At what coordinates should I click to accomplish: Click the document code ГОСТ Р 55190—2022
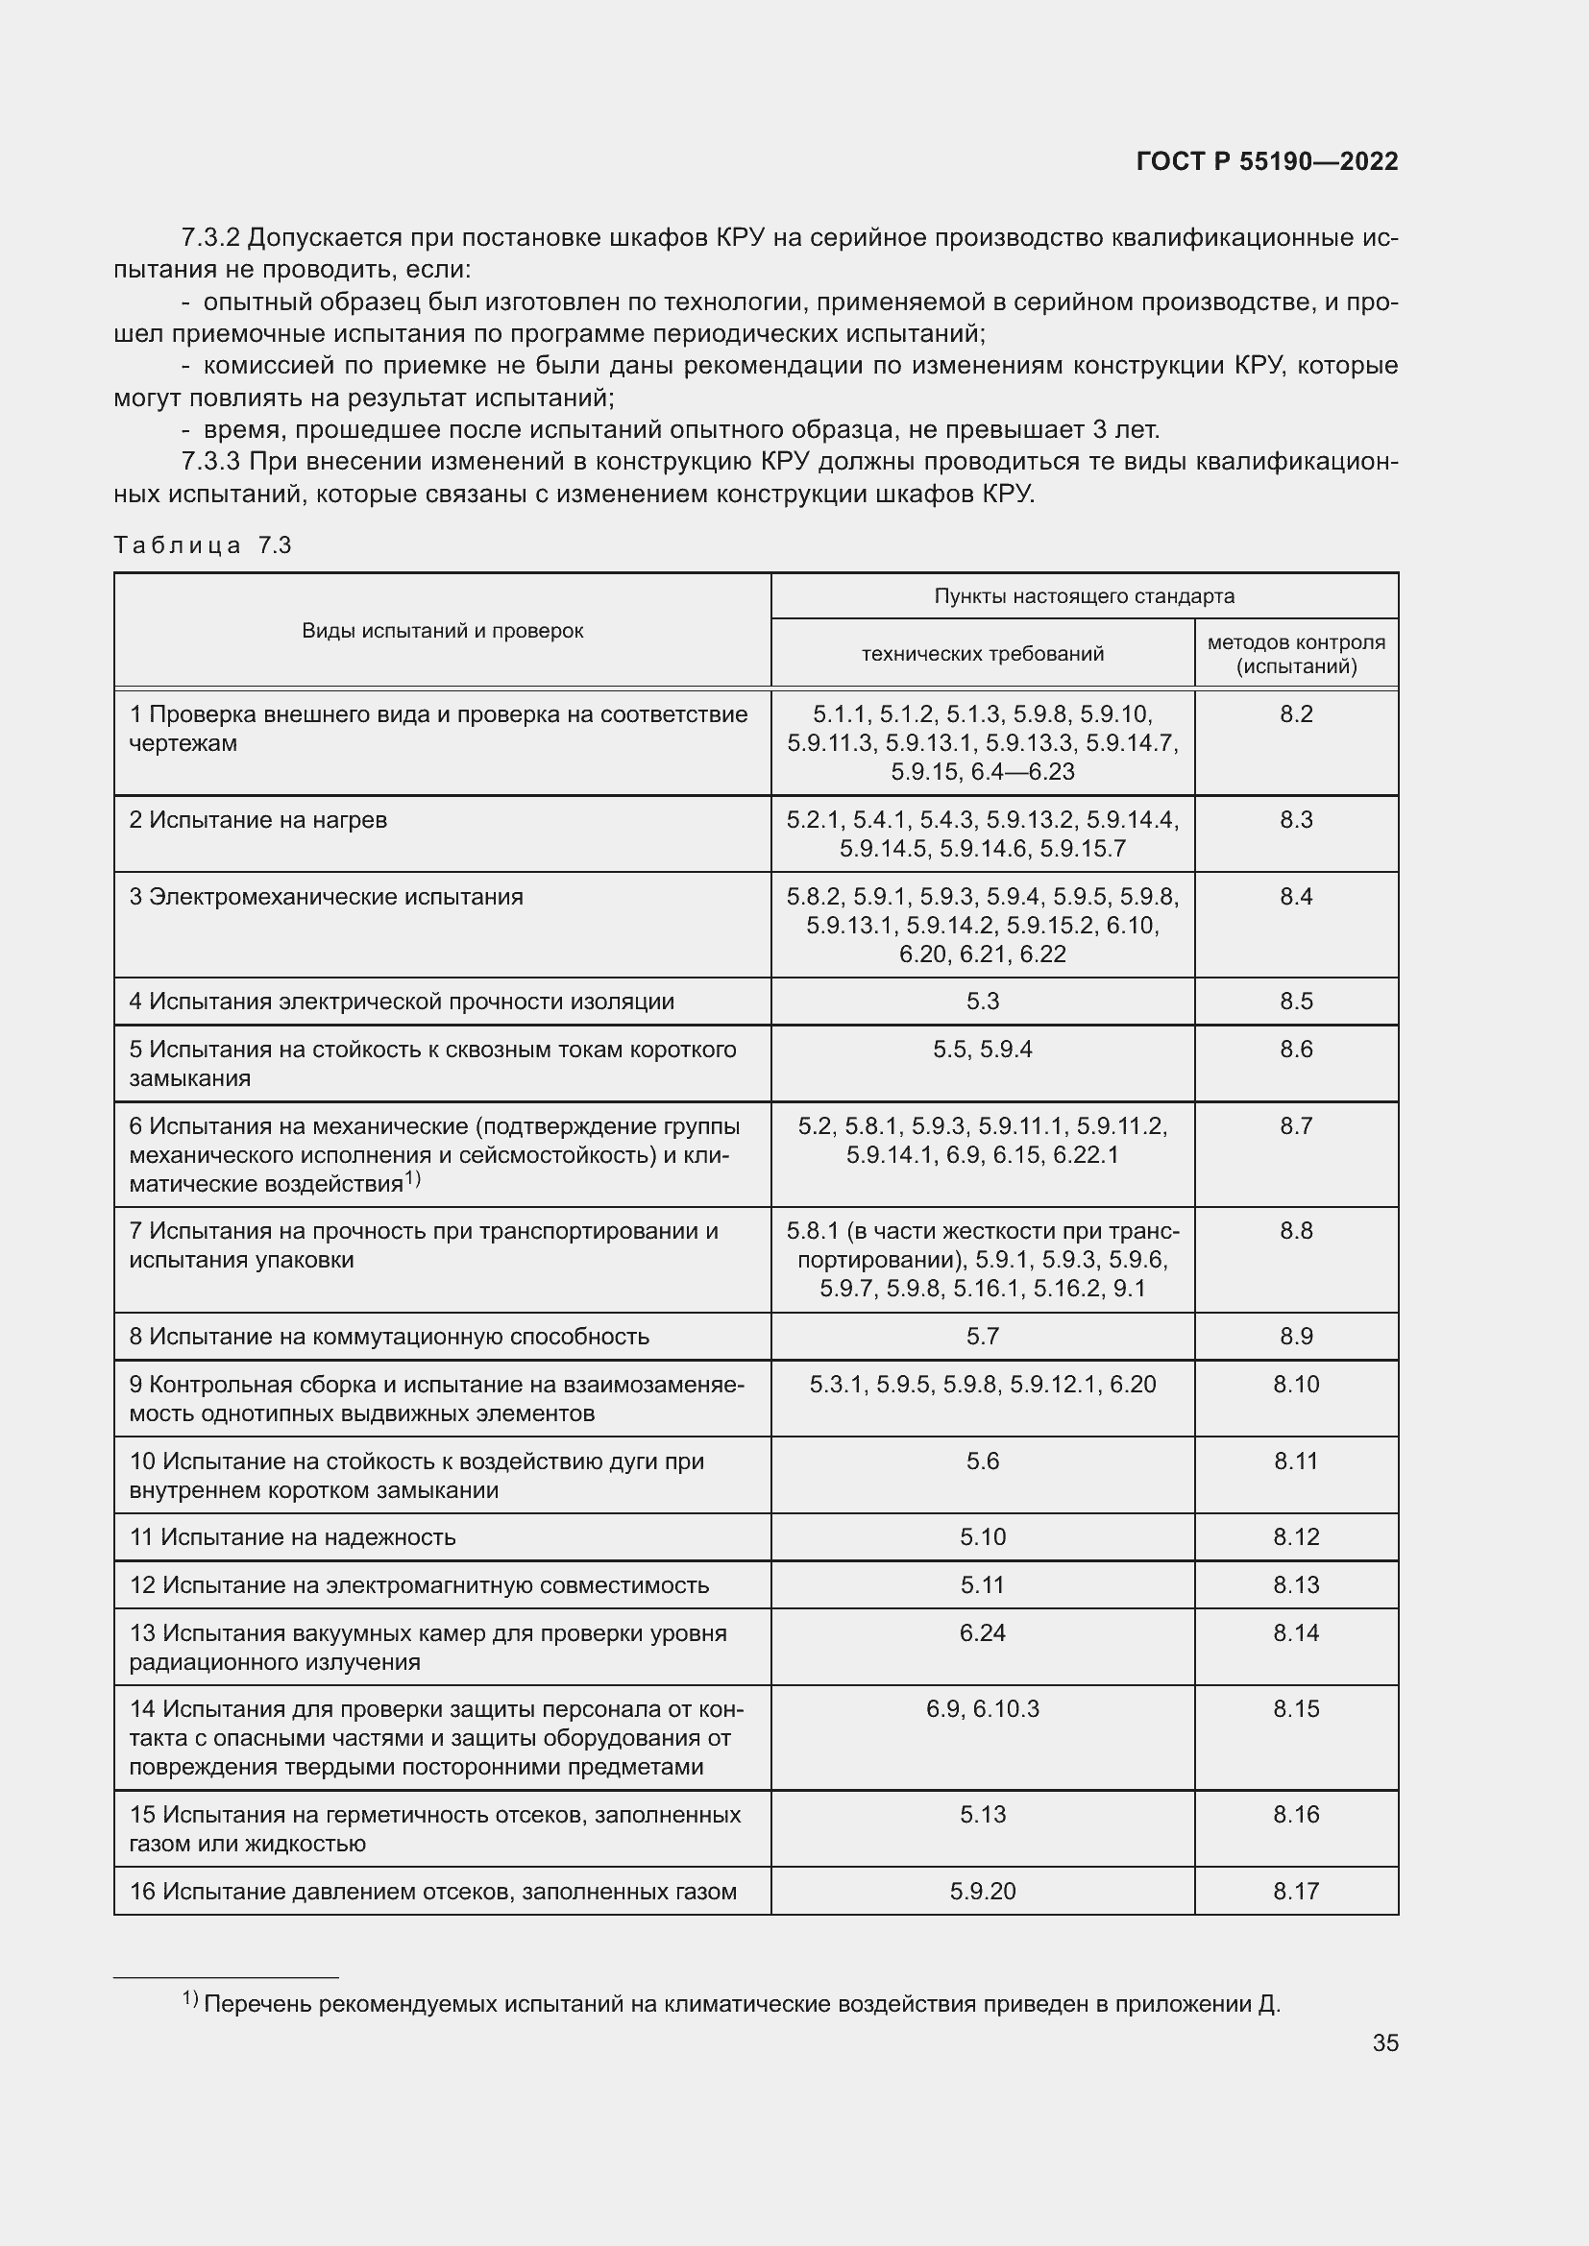tap(1267, 161)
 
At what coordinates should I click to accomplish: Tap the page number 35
tap(1384, 2042)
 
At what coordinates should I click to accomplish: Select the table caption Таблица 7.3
tap(203, 545)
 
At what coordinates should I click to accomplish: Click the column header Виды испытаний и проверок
tap(442, 631)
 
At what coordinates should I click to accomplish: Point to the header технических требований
tap(983, 654)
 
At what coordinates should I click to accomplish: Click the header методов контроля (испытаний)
tap(1295, 655)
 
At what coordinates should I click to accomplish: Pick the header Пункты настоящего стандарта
tap(1084, 595)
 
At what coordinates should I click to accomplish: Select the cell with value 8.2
tap(1295, 714)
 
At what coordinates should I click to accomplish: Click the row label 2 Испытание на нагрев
tap(258, 820)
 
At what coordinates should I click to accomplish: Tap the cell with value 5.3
tap(983, 1002)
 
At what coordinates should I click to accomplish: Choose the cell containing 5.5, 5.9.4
tap(983, 1050)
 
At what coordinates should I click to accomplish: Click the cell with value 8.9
tap(1295, 1337)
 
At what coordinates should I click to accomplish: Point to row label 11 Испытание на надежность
tap(293, 1536)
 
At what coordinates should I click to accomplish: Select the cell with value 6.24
tap(983, 1632)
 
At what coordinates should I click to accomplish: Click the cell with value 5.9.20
tap(983, 1891)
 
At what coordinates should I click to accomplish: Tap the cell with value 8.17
tap(1295, 1891)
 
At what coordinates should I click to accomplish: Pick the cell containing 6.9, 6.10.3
tap(983, 1709)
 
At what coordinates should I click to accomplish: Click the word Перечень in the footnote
tap(257, 2004)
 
